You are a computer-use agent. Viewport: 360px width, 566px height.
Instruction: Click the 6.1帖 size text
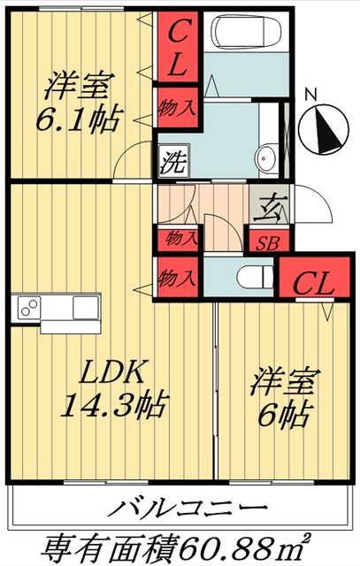coord(78,118)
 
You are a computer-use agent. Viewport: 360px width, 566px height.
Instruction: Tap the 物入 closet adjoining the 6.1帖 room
coord(177,109)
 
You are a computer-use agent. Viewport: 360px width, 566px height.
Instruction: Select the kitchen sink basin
coord(86,309)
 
